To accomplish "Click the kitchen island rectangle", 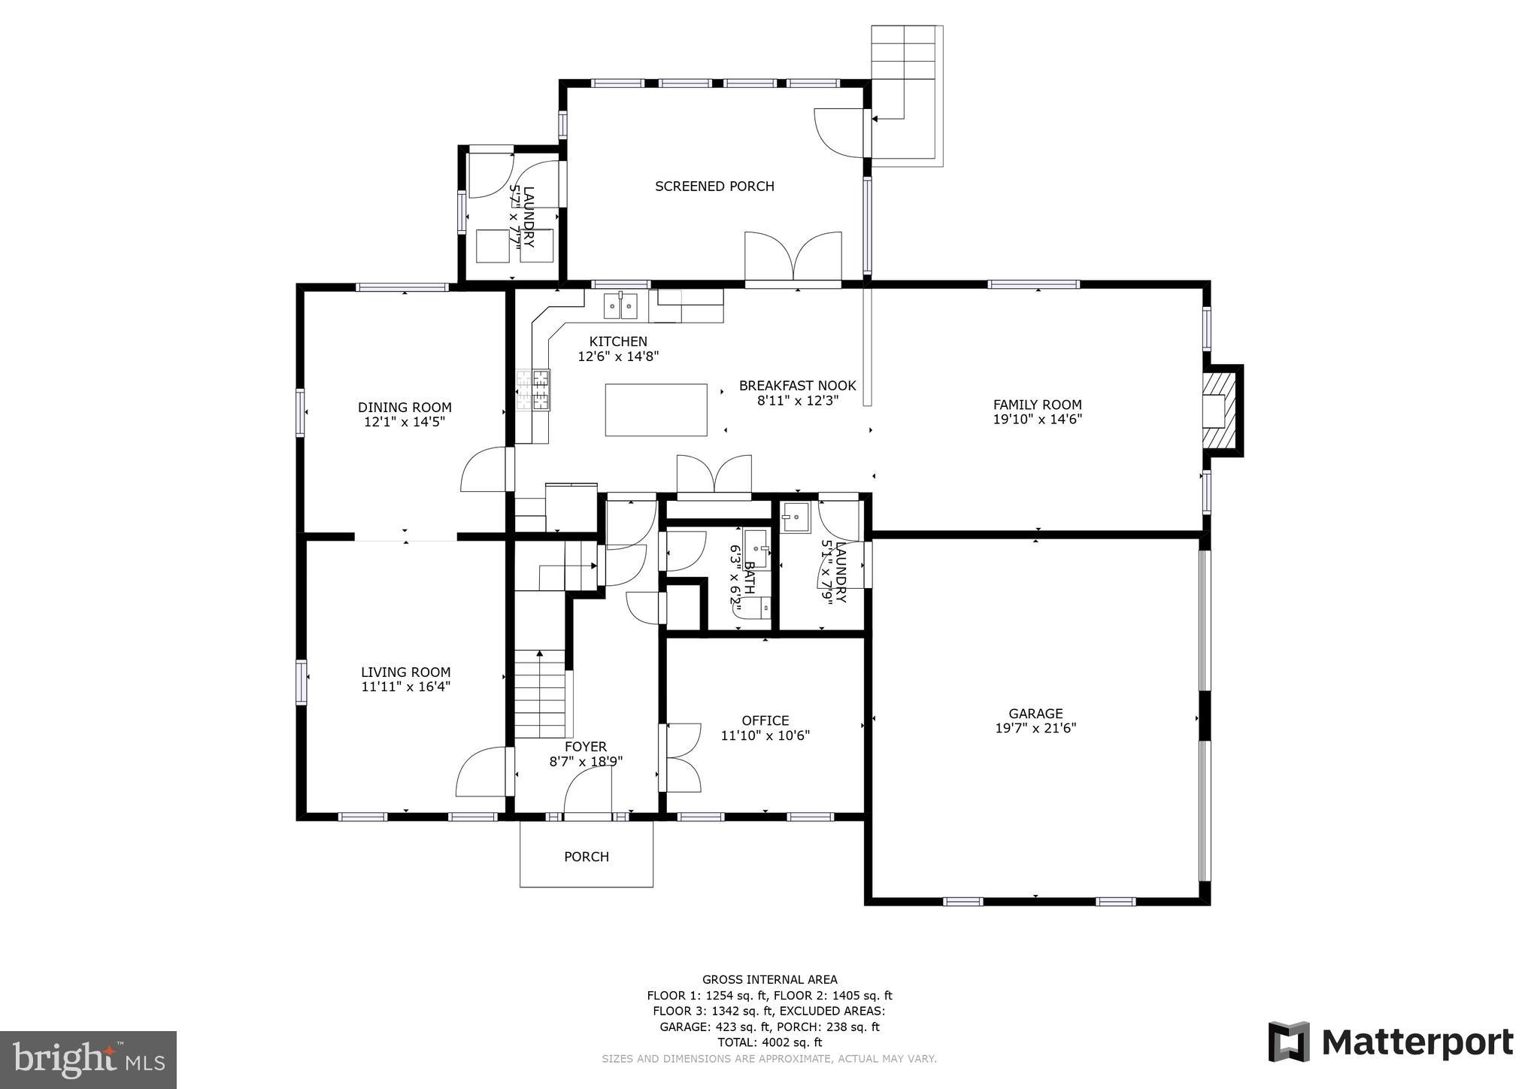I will click(656, 410).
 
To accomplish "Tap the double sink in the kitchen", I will click(620, 306).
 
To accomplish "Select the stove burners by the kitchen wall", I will click(533, 390).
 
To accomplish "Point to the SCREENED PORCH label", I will click(714, 187).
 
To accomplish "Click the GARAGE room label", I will click(1035, 714).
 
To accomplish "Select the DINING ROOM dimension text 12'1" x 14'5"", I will click(405, 422).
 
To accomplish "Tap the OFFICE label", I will click(765, 720).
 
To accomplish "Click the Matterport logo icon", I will click(1289, 1042).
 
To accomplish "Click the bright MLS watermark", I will click(88, 1060).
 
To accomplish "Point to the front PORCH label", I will click(587, 857).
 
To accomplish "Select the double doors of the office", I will click(681, 757).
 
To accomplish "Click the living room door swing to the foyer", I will click(481, 772).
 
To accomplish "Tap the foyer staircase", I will click(539, 694).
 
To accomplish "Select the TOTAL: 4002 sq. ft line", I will click(769, 1042).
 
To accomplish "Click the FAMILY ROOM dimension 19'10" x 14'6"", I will click(1037, 420).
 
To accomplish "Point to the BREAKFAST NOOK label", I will click(797, 386).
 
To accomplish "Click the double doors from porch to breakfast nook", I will click(793, 257).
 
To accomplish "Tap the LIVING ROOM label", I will click(405, 672).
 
